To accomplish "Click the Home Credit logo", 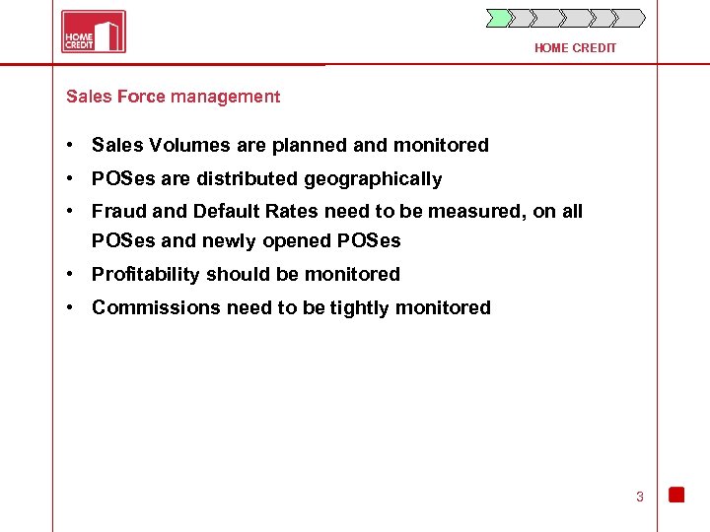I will coord(94,32).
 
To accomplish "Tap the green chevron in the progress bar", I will coord(500,18).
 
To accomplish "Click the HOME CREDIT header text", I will coord(575,48).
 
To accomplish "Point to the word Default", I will coord(227,212).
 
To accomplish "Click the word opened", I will coord(300,241).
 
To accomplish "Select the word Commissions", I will coord(157,308).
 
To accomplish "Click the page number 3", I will coord(639,497).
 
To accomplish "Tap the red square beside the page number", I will coord(676,495).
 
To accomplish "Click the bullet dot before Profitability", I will coord(72,275).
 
